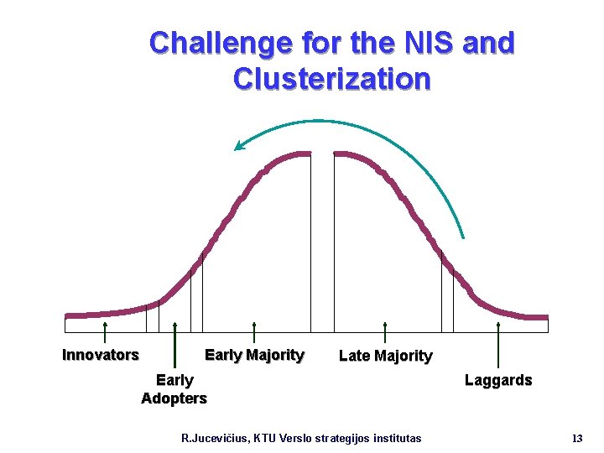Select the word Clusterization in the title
click(332, 80)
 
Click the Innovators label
click(101, 355)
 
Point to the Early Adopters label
click(174, 389)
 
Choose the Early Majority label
click(254, 355)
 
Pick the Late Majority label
click(385, 357)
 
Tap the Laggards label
click(498, 380)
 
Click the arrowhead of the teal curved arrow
click(239, 147)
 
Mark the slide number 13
click(576, 439)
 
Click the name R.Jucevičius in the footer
click(219, 439)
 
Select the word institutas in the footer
click(394, 439)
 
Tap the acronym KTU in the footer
click(275, 439)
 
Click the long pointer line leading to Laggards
click(498, 344)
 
